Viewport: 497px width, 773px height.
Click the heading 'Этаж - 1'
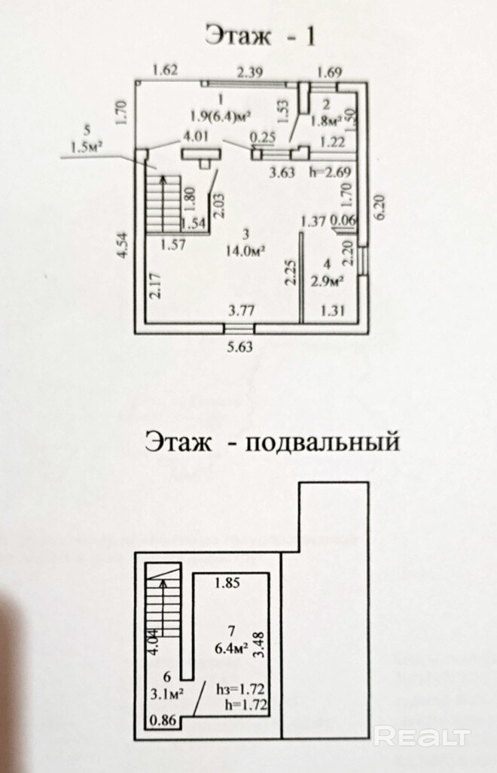[260, 36]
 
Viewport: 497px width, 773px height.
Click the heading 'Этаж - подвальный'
[271, 441]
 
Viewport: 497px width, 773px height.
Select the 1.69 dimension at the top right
[330, 72]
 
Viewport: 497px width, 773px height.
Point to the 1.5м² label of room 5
[86, 147]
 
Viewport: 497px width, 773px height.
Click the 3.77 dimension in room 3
[242, 309]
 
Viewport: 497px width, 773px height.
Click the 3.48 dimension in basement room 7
[261, 646]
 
